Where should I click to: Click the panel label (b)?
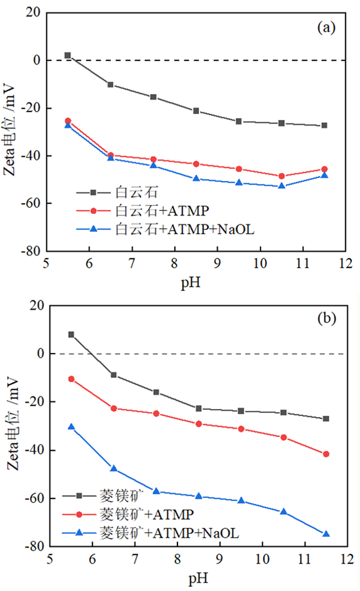point(326,319)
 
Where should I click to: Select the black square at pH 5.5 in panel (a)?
point(67,55)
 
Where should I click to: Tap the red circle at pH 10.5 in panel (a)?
point(281,176)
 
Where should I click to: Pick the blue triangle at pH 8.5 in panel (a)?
point(196,178)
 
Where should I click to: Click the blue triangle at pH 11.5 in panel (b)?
point(326,534)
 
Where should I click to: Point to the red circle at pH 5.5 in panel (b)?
point(71,379)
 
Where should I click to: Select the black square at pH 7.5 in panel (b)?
point(156,392)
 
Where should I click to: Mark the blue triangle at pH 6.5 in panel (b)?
point(114,469)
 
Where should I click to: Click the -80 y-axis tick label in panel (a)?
point(33,252)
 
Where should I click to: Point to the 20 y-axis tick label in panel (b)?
point(36,306)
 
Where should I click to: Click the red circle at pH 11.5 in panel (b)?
point(326,454)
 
